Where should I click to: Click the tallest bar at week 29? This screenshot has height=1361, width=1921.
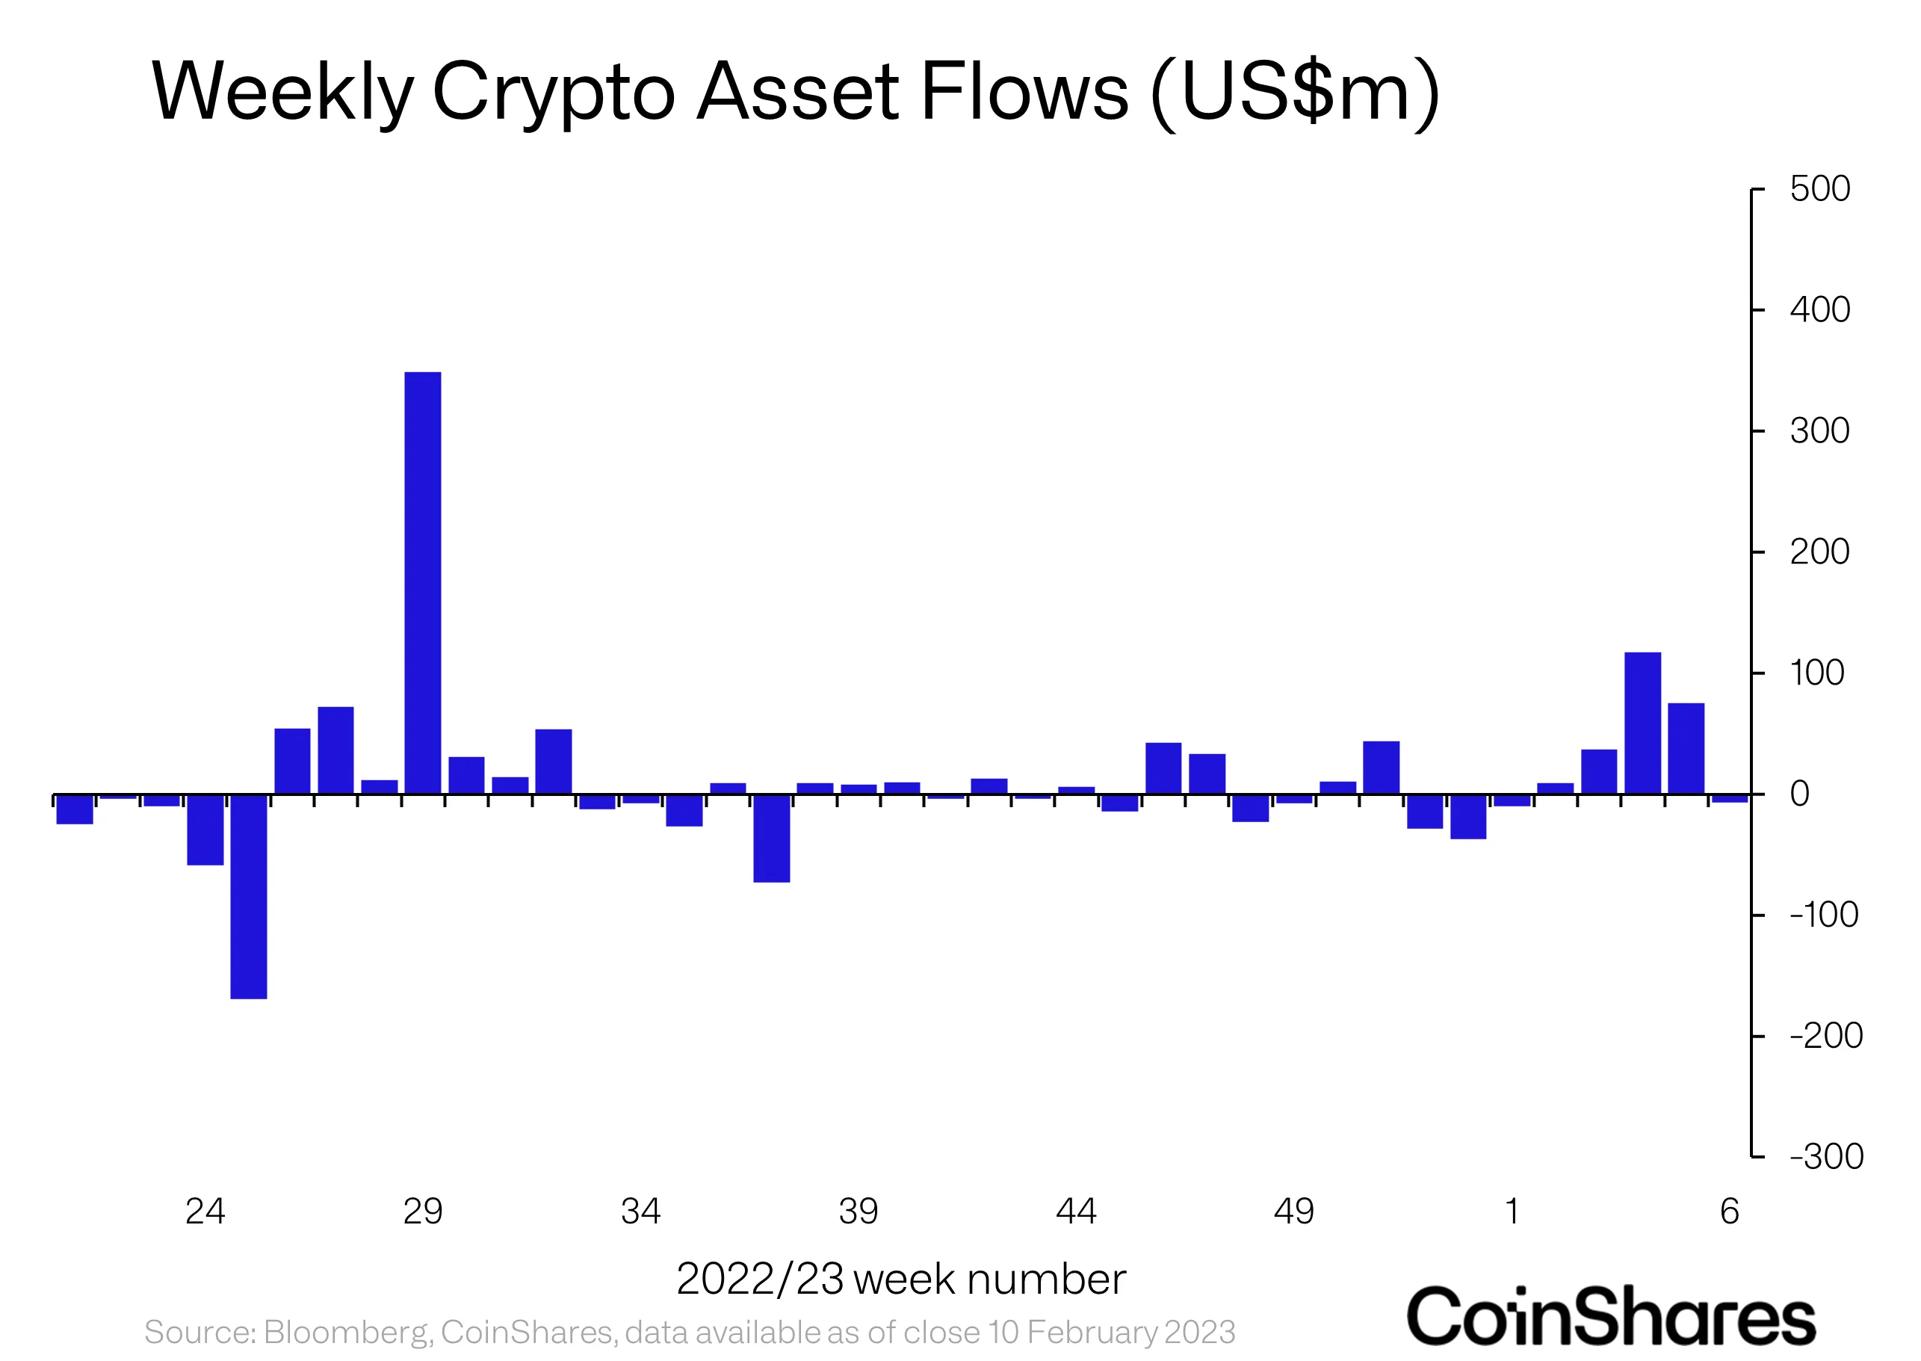pyautogui.click(x=422, y=582)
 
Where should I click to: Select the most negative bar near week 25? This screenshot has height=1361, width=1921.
pyautogui.click(x=249, y=896)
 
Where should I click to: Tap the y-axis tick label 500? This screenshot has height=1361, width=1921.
pyautogui.click(x=1819, y=188)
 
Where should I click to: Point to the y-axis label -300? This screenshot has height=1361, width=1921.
pyautogui.click(x=1825, y=1156)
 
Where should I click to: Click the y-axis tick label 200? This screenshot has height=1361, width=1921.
pyautogui.click(x=1819, y=552)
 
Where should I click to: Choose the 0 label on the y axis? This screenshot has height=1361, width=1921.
pyautogui.click(x=1798, y=794)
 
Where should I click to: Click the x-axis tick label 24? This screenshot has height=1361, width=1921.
pyautogui.click(x=205, y=1211)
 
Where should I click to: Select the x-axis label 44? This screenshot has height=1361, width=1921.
pyautogui.click(x=1076, y=1211)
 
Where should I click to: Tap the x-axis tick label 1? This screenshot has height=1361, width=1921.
pyautogui.click(x=1512, y=1211)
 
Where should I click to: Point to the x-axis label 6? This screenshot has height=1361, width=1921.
pyautogui.click(x=1729, y=1211)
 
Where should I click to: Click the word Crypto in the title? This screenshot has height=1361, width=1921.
pyautogui.click(x=553, y=92)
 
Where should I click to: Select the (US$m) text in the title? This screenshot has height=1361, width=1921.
pyautogui.click(x=1295, y=92)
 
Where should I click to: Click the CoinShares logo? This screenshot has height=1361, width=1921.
pyautogui.click(x=1610, y=1317)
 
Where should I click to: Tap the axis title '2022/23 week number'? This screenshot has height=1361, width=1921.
pyautogui.click(x=900, y=1279)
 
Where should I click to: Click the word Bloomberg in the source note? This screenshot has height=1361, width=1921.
pyautogui.click(x=347, y=1332)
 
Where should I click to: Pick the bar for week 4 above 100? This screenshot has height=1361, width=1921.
pyautogui.click(x=1642, y=723)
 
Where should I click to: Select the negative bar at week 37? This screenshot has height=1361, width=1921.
pyautogui.click(x=772, y=838)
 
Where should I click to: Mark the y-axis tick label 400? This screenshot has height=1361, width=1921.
pyautogui.click(x=1819, y=310)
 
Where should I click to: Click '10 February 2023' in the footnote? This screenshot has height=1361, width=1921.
pyautogui.click(x=1111, y=1332)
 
